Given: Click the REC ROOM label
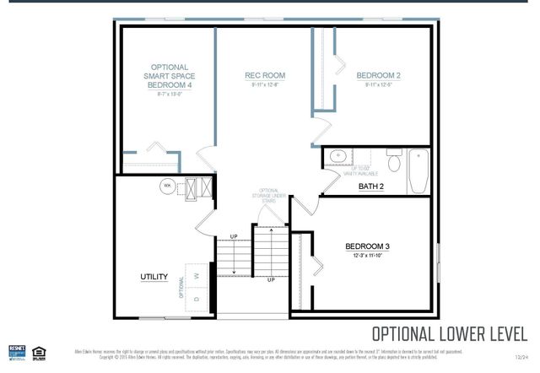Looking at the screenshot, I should [x=265, y=75].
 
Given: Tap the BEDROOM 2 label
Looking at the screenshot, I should [x=377, y=75].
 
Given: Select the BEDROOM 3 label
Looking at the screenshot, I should [x=367, y=246].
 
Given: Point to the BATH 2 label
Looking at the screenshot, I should [x=370, y=186].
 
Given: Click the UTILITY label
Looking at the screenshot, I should [x=154, y=277].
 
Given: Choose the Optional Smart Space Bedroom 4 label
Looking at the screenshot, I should [x=169, y=76].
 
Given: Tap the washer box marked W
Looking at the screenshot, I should [x=197, y=275].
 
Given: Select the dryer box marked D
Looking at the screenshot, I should [x=197, y=299].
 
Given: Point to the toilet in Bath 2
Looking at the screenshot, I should [x=394, y=158].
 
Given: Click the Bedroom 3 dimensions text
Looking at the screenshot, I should [x=367, y=256].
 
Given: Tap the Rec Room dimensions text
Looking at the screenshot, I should [x=265, y=84].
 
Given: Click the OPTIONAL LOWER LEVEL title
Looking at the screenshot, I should [x=450, y=333].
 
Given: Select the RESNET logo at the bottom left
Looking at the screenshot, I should [x=17, y=351].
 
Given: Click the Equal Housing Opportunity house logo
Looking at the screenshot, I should [x=37, y=351].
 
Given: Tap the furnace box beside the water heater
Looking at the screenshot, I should [x=192, y=187].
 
